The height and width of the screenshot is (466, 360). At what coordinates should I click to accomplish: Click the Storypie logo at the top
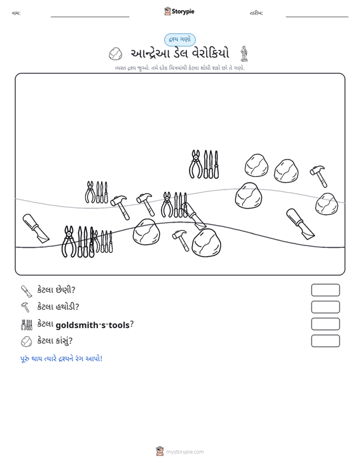coord(179,11)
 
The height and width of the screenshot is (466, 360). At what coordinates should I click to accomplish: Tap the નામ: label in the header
coord(16,13)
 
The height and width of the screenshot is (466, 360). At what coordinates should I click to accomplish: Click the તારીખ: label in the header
coord(256,13)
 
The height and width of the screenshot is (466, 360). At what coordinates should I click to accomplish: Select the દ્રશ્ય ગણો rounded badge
coord(179,39)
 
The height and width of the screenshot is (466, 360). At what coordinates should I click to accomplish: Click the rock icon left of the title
coord(115,53)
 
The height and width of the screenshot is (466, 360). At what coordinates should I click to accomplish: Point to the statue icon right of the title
coord(244,53)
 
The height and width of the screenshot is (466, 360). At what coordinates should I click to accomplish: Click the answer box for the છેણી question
coord(325,290)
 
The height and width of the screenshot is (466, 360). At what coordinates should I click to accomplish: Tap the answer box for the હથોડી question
coord(325,307)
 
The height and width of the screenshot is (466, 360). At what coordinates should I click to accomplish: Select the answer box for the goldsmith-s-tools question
coord(325,324)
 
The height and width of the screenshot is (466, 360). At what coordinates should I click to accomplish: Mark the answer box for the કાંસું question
coord(325,341)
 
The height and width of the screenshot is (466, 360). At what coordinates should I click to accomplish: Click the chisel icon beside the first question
coord(26,291)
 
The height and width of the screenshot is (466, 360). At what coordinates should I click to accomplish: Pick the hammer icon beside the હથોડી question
coord(25,307)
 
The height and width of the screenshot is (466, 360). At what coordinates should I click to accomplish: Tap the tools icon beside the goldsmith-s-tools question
coord(27,325)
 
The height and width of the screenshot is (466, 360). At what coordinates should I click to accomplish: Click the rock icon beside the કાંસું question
coord(26,341)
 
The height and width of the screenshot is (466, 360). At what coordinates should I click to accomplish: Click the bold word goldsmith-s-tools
coord(92,325)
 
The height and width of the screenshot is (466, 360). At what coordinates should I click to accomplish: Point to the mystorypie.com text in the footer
coord(185,452)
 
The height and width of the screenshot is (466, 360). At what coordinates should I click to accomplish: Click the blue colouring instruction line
coord(61,359)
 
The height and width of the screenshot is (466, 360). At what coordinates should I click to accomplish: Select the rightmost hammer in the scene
coord(319,176)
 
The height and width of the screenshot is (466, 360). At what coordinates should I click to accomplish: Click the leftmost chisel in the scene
coord(36,228)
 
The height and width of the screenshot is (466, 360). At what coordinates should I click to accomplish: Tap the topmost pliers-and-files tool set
coord(204,164)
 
